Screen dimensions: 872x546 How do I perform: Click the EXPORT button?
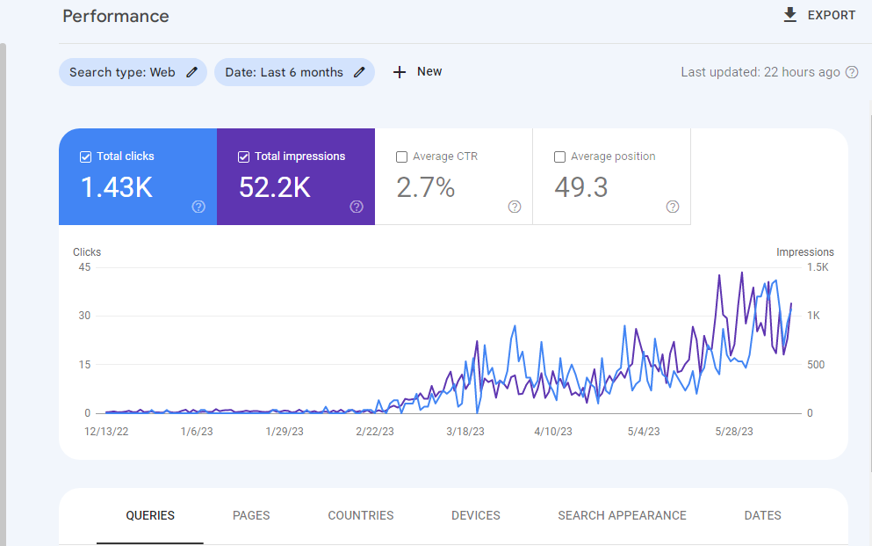pos(819,15)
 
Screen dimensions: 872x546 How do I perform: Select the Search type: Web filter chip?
pos(133,72)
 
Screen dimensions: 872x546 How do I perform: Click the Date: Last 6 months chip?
pos(294,72)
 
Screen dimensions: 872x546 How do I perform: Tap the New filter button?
pos(417,72)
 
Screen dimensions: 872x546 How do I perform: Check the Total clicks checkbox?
pos(86,157)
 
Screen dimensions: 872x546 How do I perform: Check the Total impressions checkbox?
pos(243,157)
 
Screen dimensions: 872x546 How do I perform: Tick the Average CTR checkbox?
pos(401,157)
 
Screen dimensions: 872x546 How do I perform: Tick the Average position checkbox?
pos(560,157)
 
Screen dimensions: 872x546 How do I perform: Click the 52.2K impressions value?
pos(275,187)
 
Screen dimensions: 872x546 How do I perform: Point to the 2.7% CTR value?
pos(425,187)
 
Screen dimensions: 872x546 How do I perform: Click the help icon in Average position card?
pos(673,207)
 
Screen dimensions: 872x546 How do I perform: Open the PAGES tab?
pos(251,515)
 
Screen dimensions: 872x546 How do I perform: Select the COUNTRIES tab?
pos(361,515)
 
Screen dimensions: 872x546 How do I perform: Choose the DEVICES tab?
pos(476,515)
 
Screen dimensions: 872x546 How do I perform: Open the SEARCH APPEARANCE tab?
pos(623,515)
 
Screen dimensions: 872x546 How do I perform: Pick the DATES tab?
pos(763,515)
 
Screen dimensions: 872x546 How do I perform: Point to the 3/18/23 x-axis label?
pos(465,432)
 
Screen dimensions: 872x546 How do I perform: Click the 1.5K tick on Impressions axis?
pos(818,267)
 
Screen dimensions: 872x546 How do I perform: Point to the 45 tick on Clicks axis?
pos(84,267)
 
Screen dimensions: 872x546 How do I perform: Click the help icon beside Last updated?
pos(852,72)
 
